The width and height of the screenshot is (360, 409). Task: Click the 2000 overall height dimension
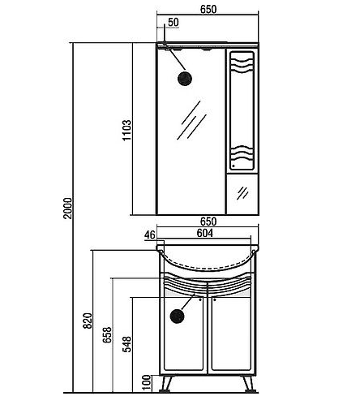[x=68, y=209]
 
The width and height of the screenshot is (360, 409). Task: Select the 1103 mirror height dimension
[x=126, y=130]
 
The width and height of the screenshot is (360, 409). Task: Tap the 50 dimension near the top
[x=174, y=22]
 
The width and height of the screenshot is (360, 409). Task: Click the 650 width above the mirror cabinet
[x=208, y=9]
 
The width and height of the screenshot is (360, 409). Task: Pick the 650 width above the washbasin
[x=208, y=222]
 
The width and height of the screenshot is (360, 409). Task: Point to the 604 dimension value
[x=204, y=233]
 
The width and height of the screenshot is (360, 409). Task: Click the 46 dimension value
[x=150, y=235]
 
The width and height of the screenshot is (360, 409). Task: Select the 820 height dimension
[x=88, y=321]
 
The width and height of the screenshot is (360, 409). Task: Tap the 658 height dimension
[x=107, y=335]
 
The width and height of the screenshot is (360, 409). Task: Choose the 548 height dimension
[x=126, y=344]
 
